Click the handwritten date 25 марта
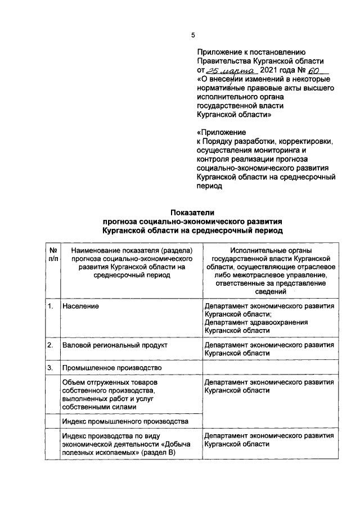point(231,71)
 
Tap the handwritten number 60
point(317,71)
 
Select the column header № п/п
point(52,254)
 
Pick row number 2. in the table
point(51,344)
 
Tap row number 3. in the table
point(51,368)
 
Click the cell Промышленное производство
point(112,368)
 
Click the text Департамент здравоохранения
point(256,322)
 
